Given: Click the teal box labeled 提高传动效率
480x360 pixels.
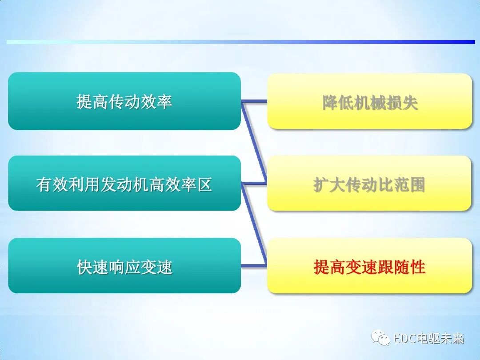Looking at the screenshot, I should pyautogui.click(x=124, y=101).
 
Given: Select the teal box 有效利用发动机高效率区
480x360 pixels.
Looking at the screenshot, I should pyautogui.click(x=124, y=183).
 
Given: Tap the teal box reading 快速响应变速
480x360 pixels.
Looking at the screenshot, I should pyautogui.click(x=124, y=266).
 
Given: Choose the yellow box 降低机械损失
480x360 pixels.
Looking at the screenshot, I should pyautogui.click(x=369, y=101).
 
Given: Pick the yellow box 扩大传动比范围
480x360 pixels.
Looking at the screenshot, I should pyautogui.click(x=369, y=183).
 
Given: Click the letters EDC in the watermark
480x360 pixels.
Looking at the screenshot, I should pyautogui.click(x=404, y=339).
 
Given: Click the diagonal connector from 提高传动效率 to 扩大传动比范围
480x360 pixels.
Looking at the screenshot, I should pyautogui.click(x=255, y=142).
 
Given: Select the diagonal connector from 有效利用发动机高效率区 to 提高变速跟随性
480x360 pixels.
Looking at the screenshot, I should pyautogui.click(x=255, y=224).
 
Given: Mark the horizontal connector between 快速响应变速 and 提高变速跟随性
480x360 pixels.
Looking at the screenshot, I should pyautogui.click(x=254, y=265).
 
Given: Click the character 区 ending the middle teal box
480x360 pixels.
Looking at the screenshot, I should pyautogui.click(x=204, y=184).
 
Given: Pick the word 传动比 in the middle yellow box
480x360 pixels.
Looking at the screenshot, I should pyautogui.click(x=369, y=184).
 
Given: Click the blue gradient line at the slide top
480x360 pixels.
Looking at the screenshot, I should pyautogui.click(x=240, y=42).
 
